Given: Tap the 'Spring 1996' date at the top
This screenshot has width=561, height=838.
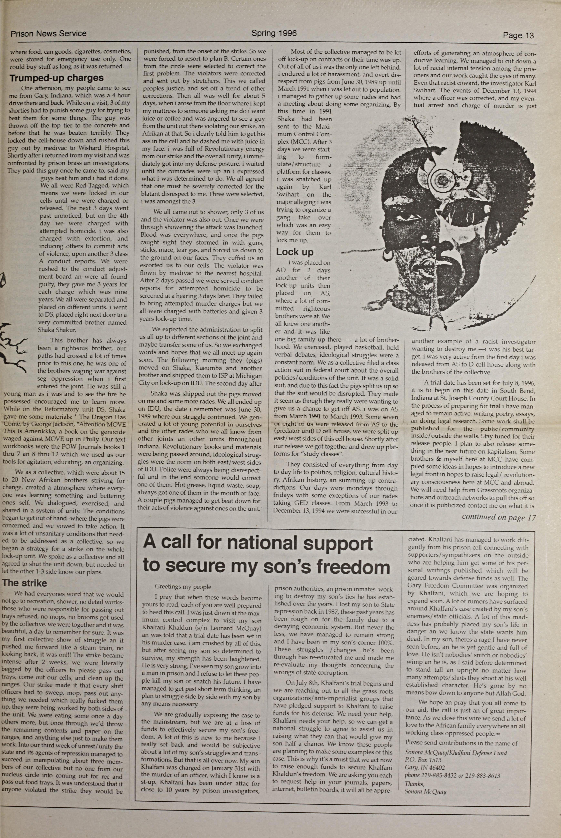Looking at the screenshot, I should click(274, 33).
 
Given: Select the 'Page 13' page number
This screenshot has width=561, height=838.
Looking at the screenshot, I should click(518, 35).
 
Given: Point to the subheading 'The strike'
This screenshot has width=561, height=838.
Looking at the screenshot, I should click(24, 583).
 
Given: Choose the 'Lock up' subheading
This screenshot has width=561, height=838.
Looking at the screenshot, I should click(294, 252).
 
